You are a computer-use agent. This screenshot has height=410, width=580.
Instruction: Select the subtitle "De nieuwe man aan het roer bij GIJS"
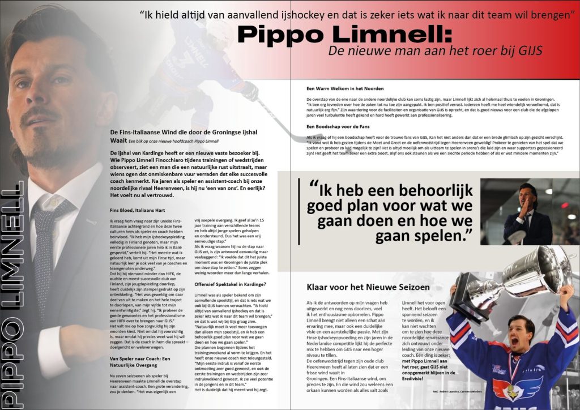coord(435,51)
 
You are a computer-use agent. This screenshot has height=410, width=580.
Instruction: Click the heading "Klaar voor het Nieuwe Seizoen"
coord(368,287)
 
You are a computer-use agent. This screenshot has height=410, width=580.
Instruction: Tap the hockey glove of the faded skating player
coord(249,91)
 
